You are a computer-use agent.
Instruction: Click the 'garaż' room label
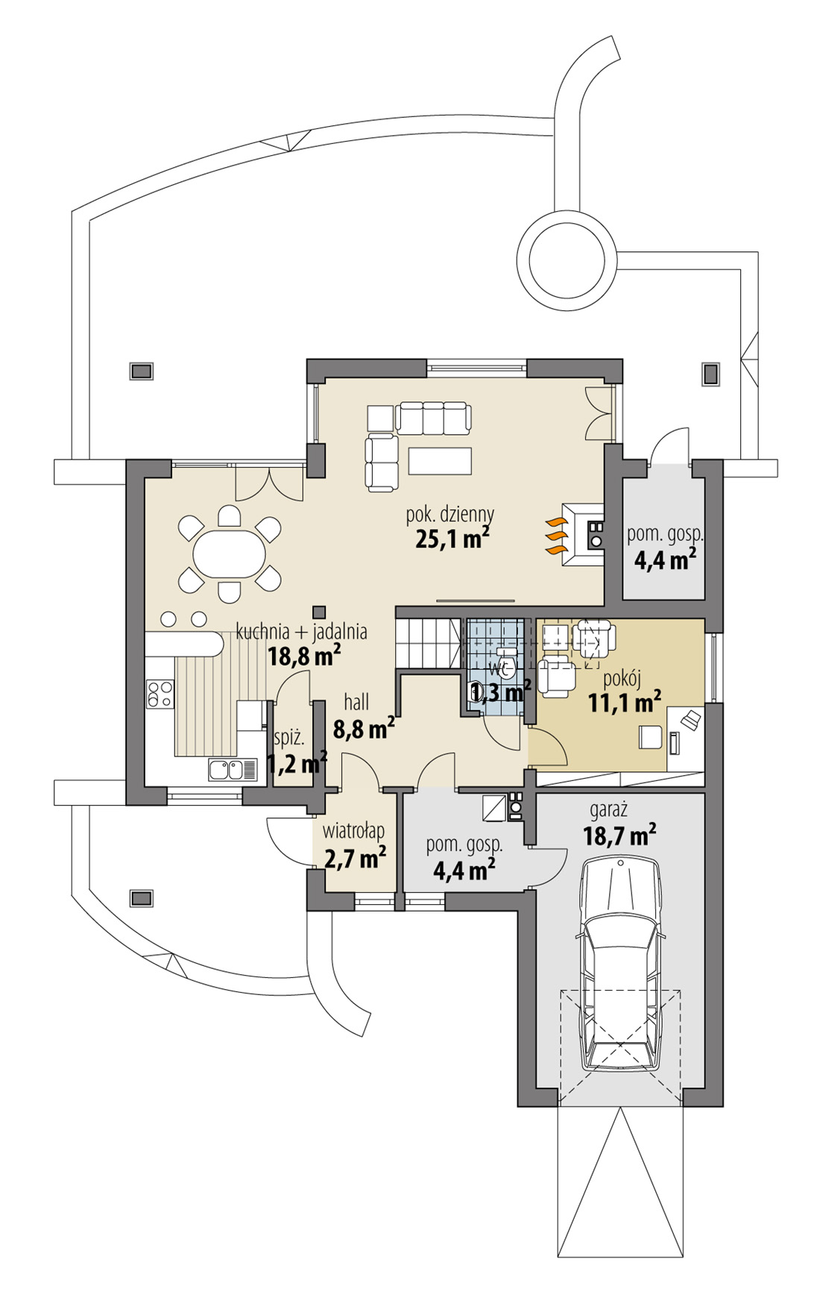608,809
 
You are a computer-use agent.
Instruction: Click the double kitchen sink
226,769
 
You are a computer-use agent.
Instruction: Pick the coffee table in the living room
439,460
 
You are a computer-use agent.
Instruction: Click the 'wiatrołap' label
353,831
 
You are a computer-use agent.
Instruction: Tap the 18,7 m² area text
619,836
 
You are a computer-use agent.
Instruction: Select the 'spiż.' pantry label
289,738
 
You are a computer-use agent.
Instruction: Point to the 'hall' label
356,702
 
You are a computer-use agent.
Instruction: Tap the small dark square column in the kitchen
319,609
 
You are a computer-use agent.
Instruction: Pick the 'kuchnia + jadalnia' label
301,632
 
